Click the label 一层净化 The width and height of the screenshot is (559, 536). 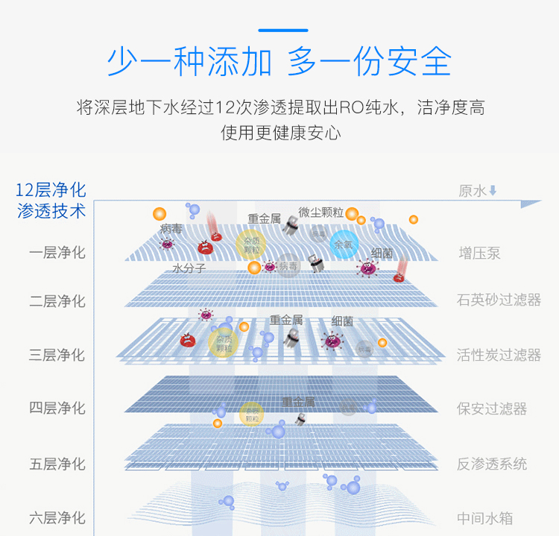(57, 253)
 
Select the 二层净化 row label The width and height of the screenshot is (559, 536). (57, 301)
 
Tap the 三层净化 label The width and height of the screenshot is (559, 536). (57, 355)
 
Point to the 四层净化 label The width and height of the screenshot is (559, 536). (57, 408)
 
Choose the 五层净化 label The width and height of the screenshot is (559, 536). (57, 464)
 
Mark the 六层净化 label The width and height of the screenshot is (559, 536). (57, 517)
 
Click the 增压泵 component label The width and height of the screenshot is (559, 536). (479, 253)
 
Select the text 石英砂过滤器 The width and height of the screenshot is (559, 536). (499, 300)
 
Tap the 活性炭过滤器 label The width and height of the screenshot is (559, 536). (499, 355)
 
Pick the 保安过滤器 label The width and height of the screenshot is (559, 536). (492, 409)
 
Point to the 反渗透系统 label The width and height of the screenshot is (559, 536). (492, 464)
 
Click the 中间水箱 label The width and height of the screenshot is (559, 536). (485, 518)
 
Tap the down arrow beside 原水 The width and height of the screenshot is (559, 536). (493, 191)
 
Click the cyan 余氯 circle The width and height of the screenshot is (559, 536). (344, 244)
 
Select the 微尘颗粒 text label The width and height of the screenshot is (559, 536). (320, 212)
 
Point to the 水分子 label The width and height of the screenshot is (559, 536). (189, 268)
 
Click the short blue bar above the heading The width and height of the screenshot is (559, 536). (282, 31)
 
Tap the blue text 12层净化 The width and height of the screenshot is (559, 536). (51, 189)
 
